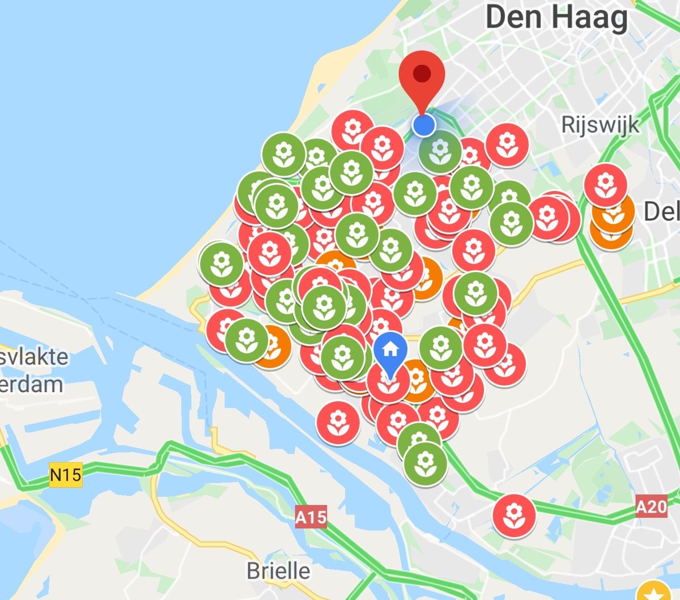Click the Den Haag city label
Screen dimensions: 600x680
pos(556,18)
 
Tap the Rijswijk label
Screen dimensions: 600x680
pos(600,125)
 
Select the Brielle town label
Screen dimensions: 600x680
pos(278,571)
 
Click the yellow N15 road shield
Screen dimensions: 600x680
pos(66,473)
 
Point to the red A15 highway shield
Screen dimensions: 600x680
pos(311,517)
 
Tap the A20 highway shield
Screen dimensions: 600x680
pos(651,505)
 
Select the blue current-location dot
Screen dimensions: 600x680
pos(423,125)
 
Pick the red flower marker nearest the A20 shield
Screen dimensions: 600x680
pos(514,515)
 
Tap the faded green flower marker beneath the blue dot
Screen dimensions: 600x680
pos(440,152)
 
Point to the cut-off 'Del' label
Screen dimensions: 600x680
pos(661,212)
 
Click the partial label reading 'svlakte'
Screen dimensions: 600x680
pos(34,357)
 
